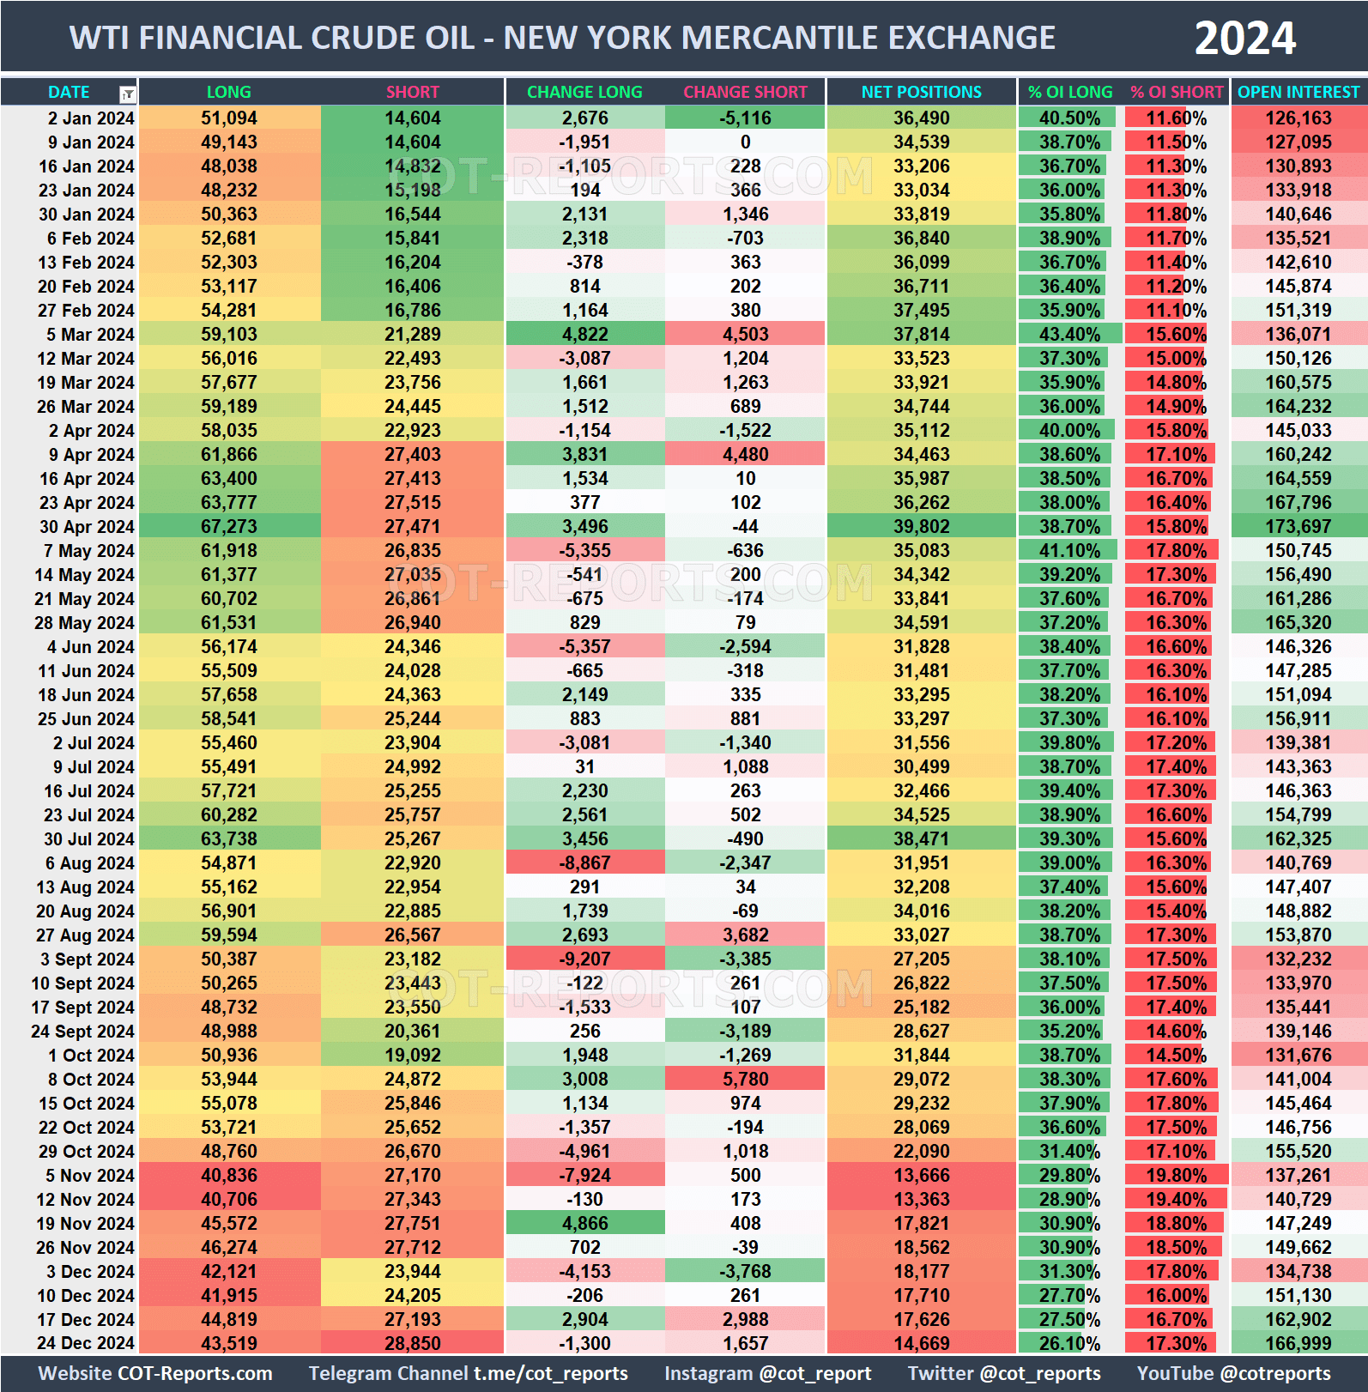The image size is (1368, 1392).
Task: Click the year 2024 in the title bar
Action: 1244,39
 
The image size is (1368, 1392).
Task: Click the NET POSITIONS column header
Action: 921,92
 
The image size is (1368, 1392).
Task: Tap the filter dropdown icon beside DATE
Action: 127,94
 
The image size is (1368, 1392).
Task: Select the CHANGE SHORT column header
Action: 745,92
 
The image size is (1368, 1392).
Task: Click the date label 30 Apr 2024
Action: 87,527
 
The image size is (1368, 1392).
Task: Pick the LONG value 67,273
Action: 229,527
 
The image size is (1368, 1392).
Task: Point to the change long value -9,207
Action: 584,959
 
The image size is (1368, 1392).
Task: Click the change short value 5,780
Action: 745,1080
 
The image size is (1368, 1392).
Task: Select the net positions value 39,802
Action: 921,527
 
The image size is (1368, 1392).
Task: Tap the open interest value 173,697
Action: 1298,527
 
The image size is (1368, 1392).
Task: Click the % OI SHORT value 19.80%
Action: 1176,1176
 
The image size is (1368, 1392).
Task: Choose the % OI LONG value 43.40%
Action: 1069,335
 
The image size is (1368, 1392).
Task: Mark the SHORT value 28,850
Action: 412,1344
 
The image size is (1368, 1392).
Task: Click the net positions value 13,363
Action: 921,1200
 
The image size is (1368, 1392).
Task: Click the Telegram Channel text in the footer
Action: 468,1373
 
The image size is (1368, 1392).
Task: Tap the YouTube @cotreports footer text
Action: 1233,1373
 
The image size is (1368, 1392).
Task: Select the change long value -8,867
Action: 584,863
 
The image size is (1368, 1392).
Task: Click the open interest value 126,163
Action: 1298,118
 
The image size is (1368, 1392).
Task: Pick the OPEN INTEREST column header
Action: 1298,92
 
